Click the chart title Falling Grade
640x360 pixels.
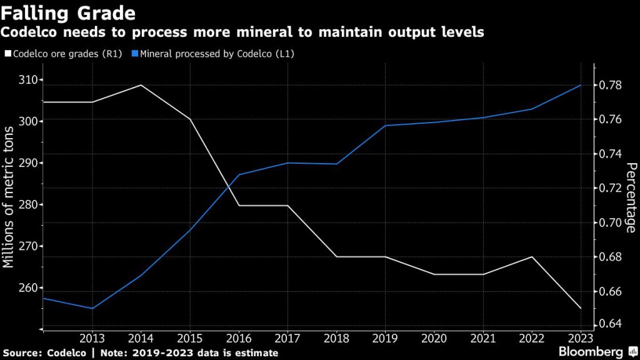tap(69, 12)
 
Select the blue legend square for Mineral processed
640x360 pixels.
tap(134, 54)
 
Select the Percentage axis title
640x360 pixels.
tap(631, 197)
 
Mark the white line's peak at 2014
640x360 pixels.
tap(141, 85)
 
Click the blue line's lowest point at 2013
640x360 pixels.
tap(92, 308)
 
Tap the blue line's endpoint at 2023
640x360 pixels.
tap(581, 85)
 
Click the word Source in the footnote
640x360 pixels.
tap(21, 352)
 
